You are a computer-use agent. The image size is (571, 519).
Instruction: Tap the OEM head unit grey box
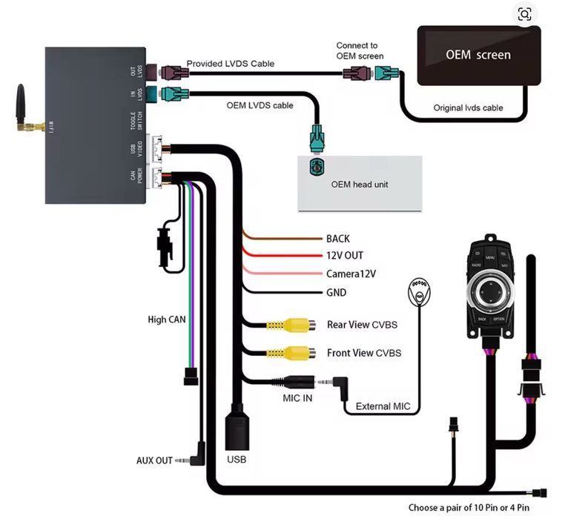tap(360, 183)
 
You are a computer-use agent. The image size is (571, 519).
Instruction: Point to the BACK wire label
tap(337, 239)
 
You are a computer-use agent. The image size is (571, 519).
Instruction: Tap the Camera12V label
tap(351, 274)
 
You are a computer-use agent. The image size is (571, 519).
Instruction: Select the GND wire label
tap(337, 292)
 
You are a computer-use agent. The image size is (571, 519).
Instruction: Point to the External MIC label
tap(383, 406)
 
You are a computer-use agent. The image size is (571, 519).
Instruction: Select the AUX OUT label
tap(154, 460)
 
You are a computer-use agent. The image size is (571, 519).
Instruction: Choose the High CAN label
tap(167, 320)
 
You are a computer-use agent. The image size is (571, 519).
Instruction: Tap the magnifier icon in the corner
tap(525, 14)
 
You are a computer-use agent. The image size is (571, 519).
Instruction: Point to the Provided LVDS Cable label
tap(230, 64)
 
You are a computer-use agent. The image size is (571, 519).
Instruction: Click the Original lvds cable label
tap(468, 108)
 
